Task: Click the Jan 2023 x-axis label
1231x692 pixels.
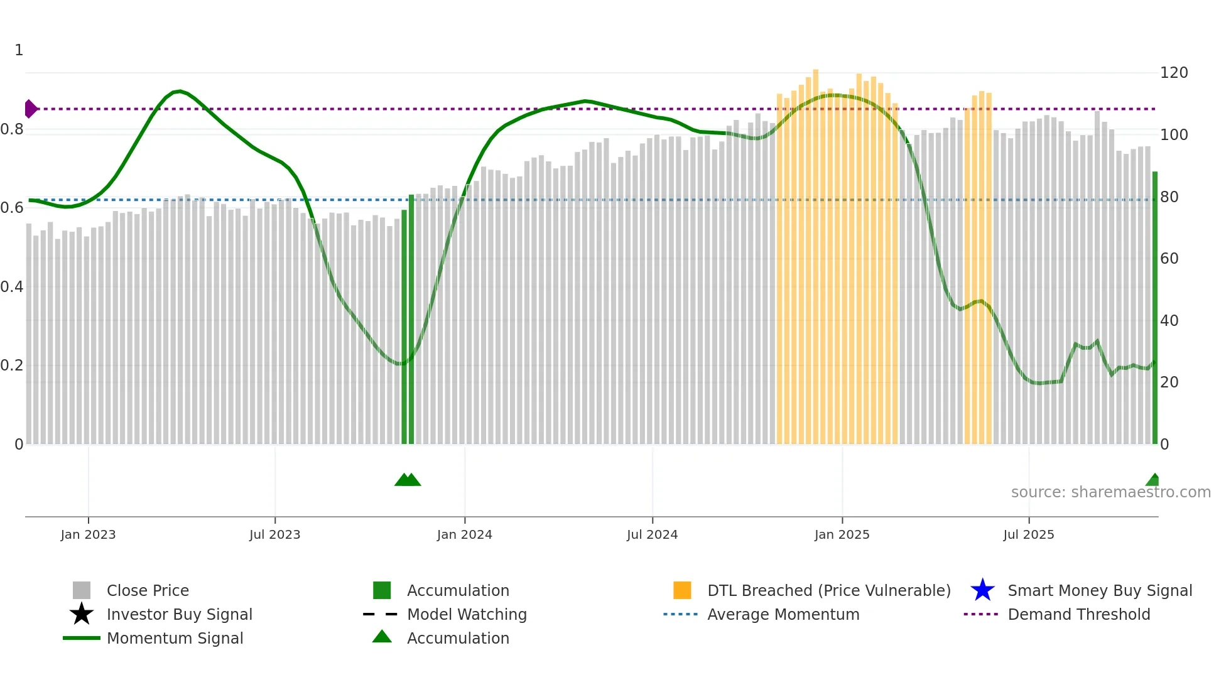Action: pos(88,534)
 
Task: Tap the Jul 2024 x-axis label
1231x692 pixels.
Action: pos(652,534)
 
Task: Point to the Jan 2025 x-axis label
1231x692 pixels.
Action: pos(842,534)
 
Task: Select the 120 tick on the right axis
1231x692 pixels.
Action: pos(1173,73)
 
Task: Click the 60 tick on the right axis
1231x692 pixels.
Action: pos(1169,259)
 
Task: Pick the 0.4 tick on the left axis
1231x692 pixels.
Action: pos(12,287)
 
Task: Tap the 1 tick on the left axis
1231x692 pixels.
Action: pos(19,50)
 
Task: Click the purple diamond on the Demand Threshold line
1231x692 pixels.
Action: pos(30,109)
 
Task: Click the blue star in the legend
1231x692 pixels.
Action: pos(982,590)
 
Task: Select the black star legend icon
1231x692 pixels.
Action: pos(82,614)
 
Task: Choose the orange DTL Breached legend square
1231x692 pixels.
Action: pos(682,590)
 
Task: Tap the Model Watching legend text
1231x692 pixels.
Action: pos(467,614)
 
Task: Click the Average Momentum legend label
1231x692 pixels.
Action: pos(783,614)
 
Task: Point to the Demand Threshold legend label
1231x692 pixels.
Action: pos(1078,614)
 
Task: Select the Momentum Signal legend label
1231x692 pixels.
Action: pos(175,638)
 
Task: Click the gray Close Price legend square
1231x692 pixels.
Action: pos(82,590)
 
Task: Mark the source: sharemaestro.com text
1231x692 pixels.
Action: pos(1110,492)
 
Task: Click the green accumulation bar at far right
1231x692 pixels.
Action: pos(1154,308)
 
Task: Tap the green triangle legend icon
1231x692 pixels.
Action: pos(382,637)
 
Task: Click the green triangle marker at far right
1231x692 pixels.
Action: pos(1153,480)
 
